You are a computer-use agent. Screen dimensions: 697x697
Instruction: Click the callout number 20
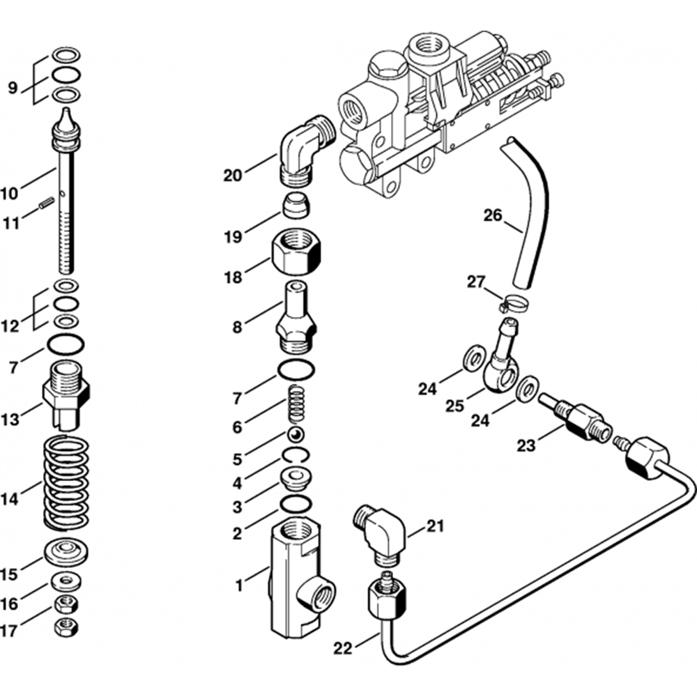pos(233,176)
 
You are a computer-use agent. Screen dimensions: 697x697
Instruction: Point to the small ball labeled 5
pos(296,435)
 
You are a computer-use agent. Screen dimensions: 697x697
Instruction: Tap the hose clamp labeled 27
pos(512,302)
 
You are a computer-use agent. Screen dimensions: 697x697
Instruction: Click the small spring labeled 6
pos(297,404)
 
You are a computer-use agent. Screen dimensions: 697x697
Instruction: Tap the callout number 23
pos(526,445)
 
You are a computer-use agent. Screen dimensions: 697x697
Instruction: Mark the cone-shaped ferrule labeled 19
pos(295,207)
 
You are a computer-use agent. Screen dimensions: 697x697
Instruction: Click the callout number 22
pos(342,649)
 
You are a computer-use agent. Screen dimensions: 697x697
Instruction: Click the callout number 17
pos(10,631)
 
